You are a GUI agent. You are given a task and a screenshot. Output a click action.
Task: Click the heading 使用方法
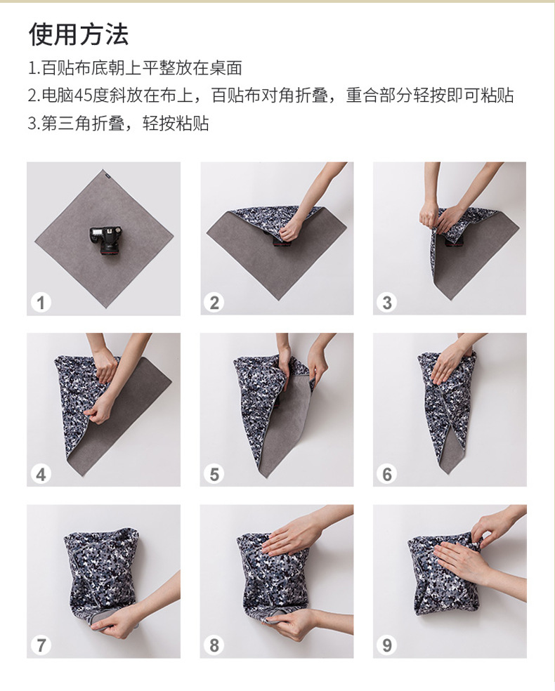coord(79,34)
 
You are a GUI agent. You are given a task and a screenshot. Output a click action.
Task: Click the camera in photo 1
coord(104,240)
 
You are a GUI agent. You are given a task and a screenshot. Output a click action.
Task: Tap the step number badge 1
coord(41,303)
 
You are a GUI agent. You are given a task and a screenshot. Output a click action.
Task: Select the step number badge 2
coord(214,303)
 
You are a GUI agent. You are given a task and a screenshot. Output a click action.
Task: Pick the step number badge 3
coord(387,303)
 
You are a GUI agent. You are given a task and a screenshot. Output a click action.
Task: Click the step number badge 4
coord(41,475)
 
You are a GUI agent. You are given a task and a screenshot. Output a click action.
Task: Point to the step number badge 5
coord(214,475)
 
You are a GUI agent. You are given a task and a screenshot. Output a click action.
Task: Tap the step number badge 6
coord(387,475)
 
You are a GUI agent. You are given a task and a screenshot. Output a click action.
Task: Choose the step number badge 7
coord(41,645)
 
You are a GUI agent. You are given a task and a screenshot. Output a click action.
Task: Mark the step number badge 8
coord(214,645)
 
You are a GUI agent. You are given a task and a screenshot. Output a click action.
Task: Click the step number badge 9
coord(387,645)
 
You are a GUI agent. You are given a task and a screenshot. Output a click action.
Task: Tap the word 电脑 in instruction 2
coord(58,96)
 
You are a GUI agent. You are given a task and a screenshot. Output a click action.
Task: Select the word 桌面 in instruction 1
coord(226,68)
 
